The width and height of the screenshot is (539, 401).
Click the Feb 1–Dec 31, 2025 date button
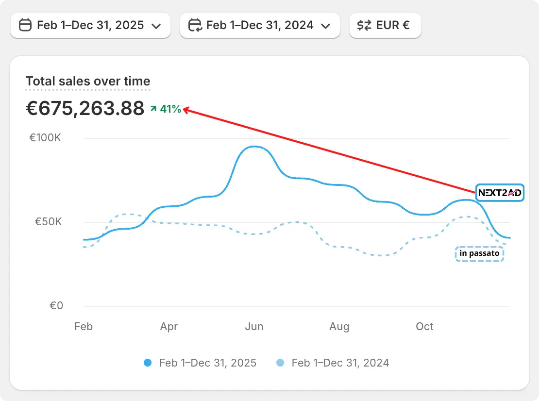tap(90, 25)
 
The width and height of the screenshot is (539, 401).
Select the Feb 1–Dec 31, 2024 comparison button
tap(260, 25)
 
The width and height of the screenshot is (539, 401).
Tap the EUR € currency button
tap(385, 25)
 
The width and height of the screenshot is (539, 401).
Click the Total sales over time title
tap(88, 82)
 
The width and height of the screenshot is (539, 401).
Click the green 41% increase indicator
tap(167, 109)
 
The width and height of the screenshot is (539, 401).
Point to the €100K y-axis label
tap(45, 138)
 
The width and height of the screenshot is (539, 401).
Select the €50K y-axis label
tap(48, 222)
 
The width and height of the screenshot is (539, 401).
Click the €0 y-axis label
tap(56, 306)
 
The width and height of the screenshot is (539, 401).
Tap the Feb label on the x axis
tap(84, 327)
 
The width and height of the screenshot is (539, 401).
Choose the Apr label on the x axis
tap(168, 327)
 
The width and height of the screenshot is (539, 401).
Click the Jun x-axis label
tap(254, 327)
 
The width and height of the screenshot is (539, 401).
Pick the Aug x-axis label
tap(339, 327)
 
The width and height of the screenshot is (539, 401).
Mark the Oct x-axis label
tap(424, 327)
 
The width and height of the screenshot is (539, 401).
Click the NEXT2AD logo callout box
tap(500, 193)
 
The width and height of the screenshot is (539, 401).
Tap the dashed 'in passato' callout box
tap(479, 254)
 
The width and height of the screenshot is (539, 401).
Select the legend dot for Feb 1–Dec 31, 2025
tap(148, 363)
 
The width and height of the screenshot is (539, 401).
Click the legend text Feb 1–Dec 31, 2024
tap(340, 363)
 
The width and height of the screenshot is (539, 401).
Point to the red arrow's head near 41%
tap(185, 110)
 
